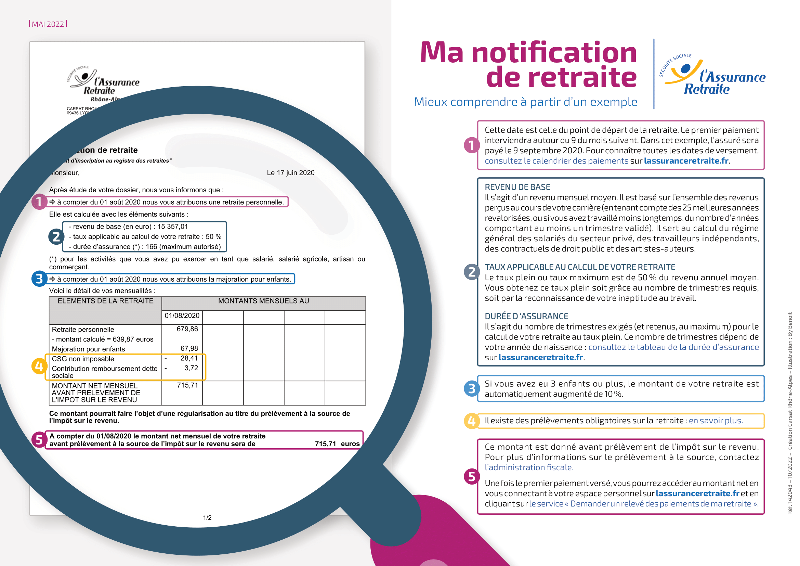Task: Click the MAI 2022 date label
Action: pyautogui.click(x=48, y=24)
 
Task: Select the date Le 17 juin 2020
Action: pyautogui.click(x=290, y=173)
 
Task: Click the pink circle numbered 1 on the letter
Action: pyautogui.click(x=39, y=202)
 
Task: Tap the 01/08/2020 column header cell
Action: pyautogui.click(x=182, y=316)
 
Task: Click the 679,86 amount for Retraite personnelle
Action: pyautogui.click(x=187, y=329)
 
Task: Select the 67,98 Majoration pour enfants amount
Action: pyautogui.click(x=189, y=348)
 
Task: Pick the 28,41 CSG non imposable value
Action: pyautogui.click(x=189, y=358)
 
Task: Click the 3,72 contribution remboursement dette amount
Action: pyautogui.click(x=191, y=368)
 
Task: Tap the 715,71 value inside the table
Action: pyautogui.click(x=187, y=385)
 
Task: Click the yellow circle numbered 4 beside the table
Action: pyautogui.click(x=39, y=366)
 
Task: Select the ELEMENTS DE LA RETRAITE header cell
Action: pyautogui.click(x=105, y=301)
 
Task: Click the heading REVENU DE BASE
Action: pyautogui.click(x=517, y=187)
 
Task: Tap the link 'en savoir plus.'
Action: pyautogui.click(x=716, y=421)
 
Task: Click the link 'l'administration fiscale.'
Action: pyautogui.click(x=529, y=467)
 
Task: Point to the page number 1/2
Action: pyautogui.click(x=207, y=517)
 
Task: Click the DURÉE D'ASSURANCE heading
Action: pyautogui.click(x=526, y=317)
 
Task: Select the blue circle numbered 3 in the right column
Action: pyautogui.click(x=471, y=389)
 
